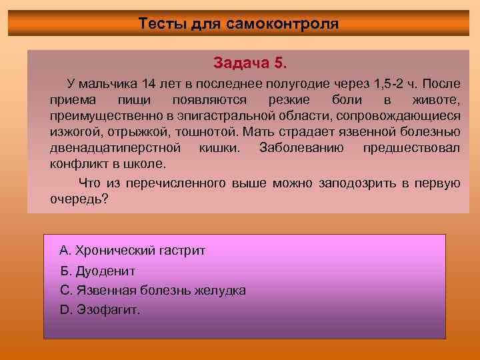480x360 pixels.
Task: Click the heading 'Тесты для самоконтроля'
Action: coord(239,24)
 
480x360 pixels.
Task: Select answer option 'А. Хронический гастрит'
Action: coord(133,251)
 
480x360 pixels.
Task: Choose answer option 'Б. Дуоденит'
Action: coord(97,271)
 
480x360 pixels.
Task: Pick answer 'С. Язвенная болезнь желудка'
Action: coord(153,291)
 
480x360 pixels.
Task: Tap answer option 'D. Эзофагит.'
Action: coord(100,310)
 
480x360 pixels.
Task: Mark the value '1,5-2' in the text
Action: coord(374,85)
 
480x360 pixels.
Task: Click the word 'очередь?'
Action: coord(79,199)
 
